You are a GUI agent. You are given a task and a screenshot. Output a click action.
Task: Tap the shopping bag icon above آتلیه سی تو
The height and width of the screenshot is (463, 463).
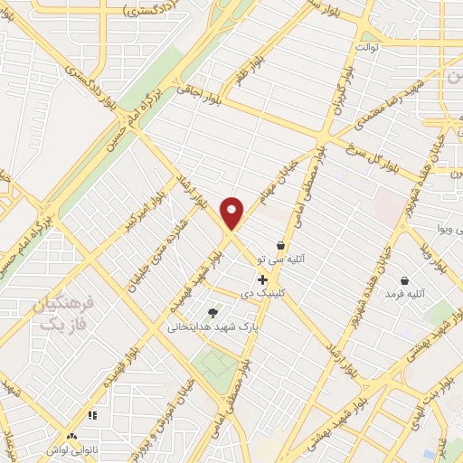point(280,245)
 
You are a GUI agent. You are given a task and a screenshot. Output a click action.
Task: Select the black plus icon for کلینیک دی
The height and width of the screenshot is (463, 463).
point(262,280)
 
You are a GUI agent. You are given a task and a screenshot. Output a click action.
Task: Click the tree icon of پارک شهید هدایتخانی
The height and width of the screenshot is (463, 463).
point(213,313)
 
